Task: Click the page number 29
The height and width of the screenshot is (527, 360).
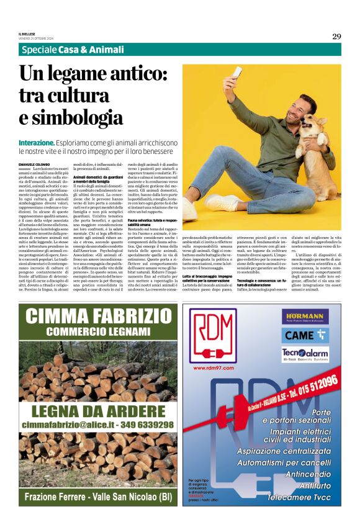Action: pyautogui.click(x=336, y=36)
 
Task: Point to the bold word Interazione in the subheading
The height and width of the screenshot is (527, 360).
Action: pyautogui.click(x=37, y=142)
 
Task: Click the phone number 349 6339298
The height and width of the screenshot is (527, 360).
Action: pyautogui.click(x=143, y=425)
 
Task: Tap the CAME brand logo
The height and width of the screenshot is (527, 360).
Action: pyautogui.click(x=305, y=334)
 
